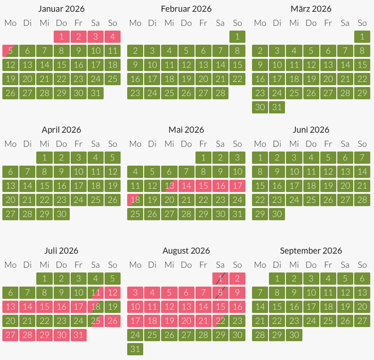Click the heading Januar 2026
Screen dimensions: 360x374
pos(61,9)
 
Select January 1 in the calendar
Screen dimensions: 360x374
pos(61,37)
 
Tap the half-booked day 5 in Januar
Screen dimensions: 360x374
pos(10,51)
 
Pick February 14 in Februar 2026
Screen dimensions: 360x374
pos(220,65)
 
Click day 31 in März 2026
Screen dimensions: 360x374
pos(277,107)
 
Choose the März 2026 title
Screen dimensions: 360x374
pos(311,9)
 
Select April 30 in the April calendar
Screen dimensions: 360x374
pos(61,214)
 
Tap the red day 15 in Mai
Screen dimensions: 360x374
pos(203,186)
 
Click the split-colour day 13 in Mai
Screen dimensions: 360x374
pos(169,186)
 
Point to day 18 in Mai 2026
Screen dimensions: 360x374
pos(135,200)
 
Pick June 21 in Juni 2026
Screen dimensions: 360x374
pos(362,186)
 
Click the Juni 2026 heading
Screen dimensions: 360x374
pos(311,130)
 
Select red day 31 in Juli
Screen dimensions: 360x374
pos(78,335)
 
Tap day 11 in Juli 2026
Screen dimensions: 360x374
pos(95,293)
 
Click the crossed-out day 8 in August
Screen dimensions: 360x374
pos(220,293)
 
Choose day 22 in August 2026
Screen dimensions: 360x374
pos(220,321)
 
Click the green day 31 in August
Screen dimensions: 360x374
pos(135,349)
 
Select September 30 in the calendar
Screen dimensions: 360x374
pos(294,335)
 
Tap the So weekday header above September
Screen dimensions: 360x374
pos(362,265)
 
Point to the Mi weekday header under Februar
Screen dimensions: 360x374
pos(169,23)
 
